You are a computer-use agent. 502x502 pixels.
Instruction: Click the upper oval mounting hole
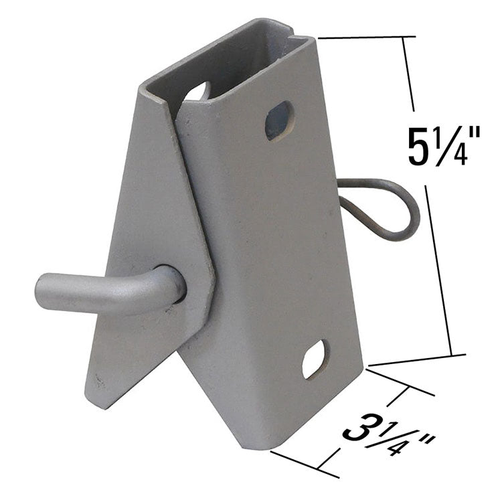coord(278,121)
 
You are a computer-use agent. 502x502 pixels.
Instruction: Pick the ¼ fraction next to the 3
coord(394,438)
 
